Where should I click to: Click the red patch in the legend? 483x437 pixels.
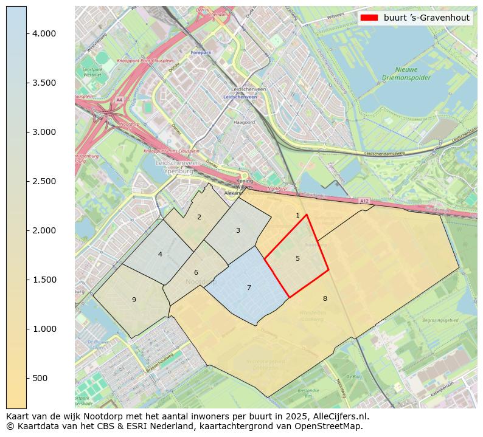pyautogui.click(x=369, y=18)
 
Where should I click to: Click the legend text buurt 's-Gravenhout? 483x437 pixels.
pyautogui.click(x=426, y=18)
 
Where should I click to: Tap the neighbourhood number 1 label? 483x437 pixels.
pyautogui.click(x=297, y=215)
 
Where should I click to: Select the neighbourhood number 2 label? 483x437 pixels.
pyautogui.click(x=199, y=217)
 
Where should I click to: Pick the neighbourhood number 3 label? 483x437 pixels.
pyautogui.click(x=238, y=230)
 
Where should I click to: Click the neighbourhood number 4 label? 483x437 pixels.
pyautogui.click(x=160, y=254)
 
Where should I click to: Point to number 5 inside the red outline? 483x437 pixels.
pyautogui.click(x=297, y=258)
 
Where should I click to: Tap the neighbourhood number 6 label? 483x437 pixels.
pyautogui.click(x=196, y=272)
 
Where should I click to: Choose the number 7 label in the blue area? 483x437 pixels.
pyautogui.click(x=249, y=287)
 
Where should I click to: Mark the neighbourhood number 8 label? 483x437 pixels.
pyautogui.click(x=325, y=298)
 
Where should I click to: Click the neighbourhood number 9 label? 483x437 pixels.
pyautogui.click(x=134, y=300)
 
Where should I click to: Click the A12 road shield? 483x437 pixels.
pyautogui.click(x=363, y=201)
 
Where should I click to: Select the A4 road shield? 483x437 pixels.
pyautogui.click(x=119, y=100)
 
